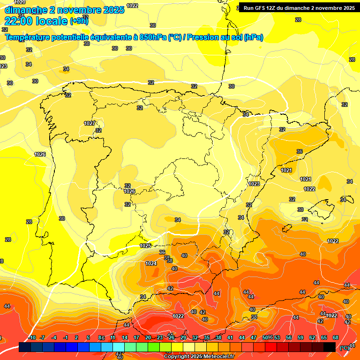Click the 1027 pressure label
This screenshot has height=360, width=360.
coord(90,123)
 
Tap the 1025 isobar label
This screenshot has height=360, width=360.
coord(146,246)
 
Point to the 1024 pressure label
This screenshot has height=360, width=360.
coord(151,263)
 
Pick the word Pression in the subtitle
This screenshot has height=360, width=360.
coord(203,37)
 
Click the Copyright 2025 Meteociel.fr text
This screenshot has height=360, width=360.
coord(199,356)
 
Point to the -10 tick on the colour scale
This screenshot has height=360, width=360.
coord(32,337)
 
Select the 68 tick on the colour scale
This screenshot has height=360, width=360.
coord(336,337)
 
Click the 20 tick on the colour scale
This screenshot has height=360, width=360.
coord(148,337)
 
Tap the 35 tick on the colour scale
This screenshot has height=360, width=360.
coord(207,337)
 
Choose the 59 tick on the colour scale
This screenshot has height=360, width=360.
coord(300,337)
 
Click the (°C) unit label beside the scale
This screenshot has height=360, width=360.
coord(345,347)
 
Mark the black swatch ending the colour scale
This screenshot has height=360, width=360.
coord(330,347)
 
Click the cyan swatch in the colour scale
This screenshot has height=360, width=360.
coord(119,347)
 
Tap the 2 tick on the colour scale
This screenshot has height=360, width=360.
coord(76,337)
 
